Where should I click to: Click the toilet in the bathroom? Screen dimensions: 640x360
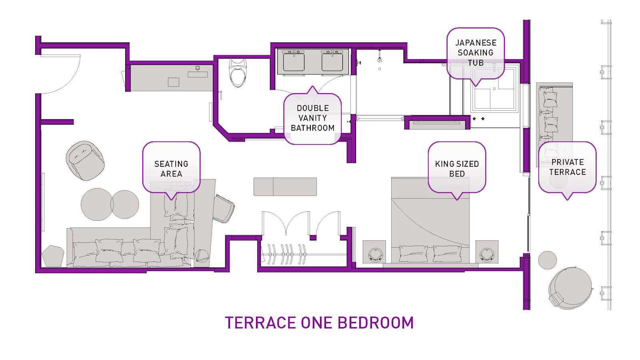(238, 73)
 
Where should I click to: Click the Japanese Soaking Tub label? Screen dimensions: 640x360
(476, 53)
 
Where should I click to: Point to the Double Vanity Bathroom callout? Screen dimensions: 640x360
(312, 118)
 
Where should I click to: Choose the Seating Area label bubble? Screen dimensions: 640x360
(171, 169)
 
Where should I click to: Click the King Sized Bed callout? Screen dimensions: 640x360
(457, 169)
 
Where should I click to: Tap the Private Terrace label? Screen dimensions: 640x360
(568, 167)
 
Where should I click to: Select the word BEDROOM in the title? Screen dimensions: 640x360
(376, 323)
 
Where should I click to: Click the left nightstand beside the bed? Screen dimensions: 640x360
(374, 252)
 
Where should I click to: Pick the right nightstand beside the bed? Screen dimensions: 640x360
(487, 252)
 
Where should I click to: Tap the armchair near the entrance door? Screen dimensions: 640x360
(85, 160)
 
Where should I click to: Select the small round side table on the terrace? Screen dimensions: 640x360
(548, 260)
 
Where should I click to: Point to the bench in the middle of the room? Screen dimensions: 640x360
(285, 186)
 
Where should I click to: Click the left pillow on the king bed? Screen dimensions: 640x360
(413, 254)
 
